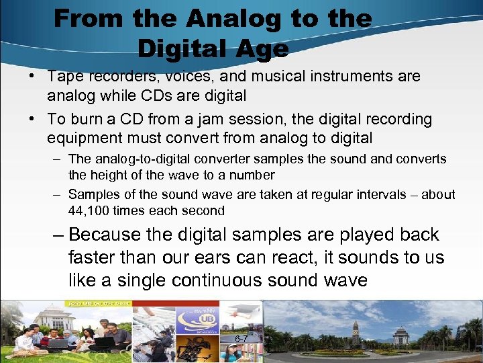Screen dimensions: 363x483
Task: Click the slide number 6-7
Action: pyautogui.click(x=241, y=339)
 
